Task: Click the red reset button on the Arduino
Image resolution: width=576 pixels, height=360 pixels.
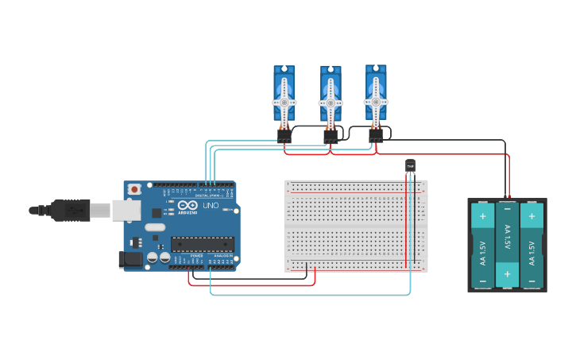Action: click(134, 189)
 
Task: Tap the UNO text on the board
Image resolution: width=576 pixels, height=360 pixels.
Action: click(211, 206)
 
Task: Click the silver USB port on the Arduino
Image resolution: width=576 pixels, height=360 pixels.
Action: click(126, 210)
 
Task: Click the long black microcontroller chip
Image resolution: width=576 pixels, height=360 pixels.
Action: click(203, 244)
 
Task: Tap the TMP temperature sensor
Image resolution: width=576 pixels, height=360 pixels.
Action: click(410, 165)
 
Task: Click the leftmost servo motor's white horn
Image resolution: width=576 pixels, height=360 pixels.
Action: click(284, 102)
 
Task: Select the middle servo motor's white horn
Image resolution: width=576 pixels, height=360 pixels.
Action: click(331, 103)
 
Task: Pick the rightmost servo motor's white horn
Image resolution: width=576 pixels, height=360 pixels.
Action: click(376, 101)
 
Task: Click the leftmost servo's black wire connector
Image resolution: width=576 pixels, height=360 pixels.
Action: click(284, 136)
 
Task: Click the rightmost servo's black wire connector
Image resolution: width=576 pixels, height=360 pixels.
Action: click(376, 136)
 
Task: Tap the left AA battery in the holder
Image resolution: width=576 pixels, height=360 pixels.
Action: click(482, 245)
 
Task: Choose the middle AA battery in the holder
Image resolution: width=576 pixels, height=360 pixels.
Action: click(507, 245)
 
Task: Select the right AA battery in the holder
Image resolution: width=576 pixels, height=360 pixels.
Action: click(532, 245)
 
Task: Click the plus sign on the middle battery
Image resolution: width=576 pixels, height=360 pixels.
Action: click(507, 274)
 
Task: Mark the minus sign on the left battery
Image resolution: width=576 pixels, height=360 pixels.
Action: click(482, 281)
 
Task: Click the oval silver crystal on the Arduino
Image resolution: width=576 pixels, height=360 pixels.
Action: click(155, 227)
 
